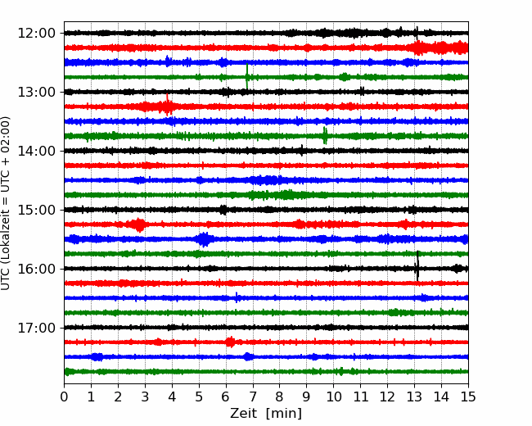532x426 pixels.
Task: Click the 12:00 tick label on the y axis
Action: pyautogui.click(x=36, y=34)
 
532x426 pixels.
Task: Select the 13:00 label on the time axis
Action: pyautogui.click(x=36, y=92)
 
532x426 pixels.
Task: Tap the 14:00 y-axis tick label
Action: pyautogui.click(x=36, y=151)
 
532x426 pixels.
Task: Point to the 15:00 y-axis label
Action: pyautogui.click(x=36, y=210)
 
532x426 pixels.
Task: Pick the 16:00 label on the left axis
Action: pyautogui.click(x=36, y=269)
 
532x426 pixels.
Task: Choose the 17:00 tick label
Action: pyautogui.click(x=36, y=328)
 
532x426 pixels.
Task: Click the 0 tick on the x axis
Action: pyautogui.click(x=64, y=397)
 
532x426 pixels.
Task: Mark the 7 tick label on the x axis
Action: pyautogui.click(x=253, y=397)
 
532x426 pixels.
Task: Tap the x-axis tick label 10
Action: pyautogui.click(x=333, y=397)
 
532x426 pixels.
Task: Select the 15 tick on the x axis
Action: pyautogui.click(x=468, y=397)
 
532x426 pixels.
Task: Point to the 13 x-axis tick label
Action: pyautogui.click(x=414, y=397)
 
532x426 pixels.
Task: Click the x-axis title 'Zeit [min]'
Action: pyautogui.click(x=266, y=414)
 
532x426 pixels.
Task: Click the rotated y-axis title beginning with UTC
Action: pyautogui.click(x=6, y=203)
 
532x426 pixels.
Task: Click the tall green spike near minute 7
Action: pyautogui.click(x=247, y=77)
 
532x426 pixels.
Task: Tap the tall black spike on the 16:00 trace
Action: pyautogui.click(x=417, y=266)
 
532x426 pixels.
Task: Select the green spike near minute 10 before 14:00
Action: pyautogui.click(x=325, y=135)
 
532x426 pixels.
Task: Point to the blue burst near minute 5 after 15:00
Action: pyautogui.click(x=204, y=239)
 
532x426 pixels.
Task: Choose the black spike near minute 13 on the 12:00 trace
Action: pyautogui.click(x=417, y=33)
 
